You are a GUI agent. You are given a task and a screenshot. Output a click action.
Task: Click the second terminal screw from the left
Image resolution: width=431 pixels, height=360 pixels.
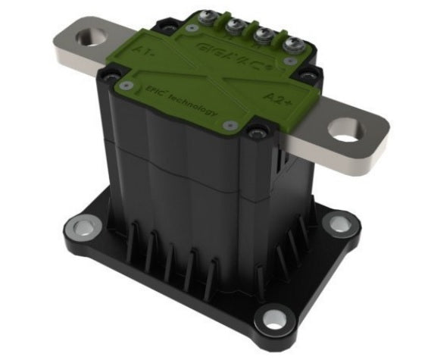(233, 26)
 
